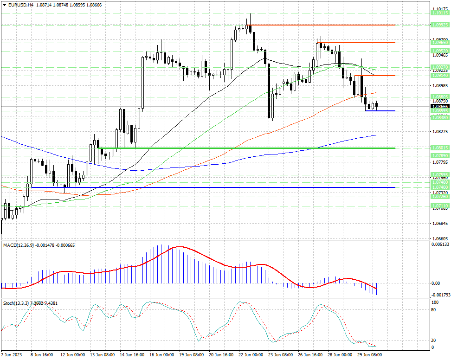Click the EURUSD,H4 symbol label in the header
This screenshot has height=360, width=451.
point(19,4)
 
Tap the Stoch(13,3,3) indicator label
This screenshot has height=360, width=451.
point(15,303)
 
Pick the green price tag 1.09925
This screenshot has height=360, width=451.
point(439,25)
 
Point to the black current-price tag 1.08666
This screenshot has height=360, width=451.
point(439,106)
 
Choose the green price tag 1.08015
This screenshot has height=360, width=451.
point(439,148)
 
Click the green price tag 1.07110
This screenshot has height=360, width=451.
point(439,205)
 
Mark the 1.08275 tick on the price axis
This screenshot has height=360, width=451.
point(439,132)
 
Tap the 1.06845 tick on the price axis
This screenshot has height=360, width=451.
point(439,224)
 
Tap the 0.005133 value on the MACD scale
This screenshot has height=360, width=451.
point(439,244)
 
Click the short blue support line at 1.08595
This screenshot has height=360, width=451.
point(380,111)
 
